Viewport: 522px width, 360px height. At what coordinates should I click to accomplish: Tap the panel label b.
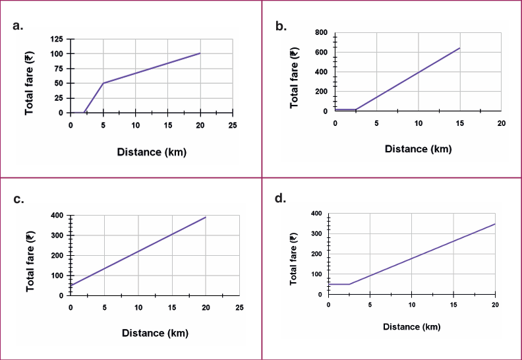(281, 26)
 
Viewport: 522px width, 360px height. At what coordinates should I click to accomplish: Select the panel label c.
(19, 198)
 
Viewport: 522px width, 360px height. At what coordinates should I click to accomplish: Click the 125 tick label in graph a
(57, 40)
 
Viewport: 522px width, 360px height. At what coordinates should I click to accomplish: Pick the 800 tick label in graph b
(321, 32)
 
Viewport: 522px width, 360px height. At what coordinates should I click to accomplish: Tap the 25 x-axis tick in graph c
(239, 307)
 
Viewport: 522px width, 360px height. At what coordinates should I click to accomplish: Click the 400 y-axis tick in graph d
(316, 214)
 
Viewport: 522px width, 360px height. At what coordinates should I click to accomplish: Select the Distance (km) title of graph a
(152, 152)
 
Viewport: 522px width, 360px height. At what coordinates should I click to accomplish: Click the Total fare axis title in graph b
(295, 73)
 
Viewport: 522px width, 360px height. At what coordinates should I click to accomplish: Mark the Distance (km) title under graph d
(412, 326)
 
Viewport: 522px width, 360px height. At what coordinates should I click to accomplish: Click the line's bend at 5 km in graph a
(103, 83)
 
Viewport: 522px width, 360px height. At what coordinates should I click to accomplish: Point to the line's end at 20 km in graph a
(200, 53)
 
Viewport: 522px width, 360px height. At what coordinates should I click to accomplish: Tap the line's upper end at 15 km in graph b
(459, 48)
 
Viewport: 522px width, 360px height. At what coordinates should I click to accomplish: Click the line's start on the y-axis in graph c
(71, 285)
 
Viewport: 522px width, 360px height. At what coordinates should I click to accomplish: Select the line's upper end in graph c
(206, 217)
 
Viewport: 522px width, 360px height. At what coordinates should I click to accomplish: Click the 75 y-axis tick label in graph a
(57, 69)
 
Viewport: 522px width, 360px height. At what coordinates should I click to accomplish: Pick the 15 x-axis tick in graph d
(453, 304)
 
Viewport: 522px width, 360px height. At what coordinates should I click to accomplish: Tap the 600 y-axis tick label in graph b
(321, 52)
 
